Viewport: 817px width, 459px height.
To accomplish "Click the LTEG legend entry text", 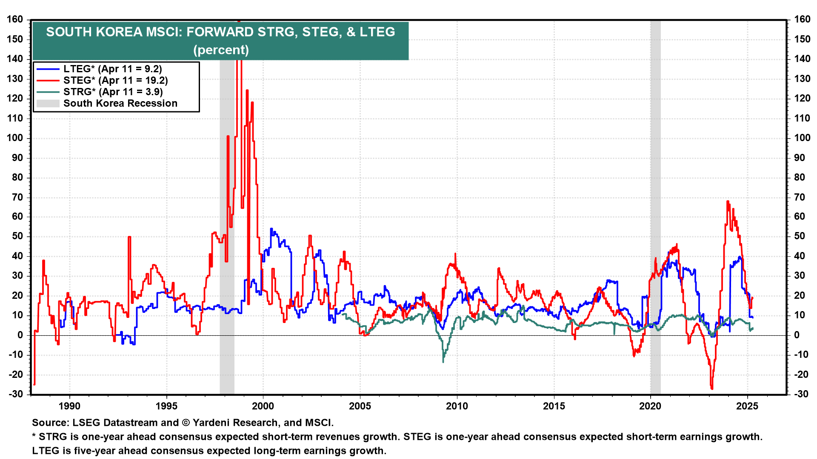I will (112, 69).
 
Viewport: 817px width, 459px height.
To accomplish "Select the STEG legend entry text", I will (115, 80).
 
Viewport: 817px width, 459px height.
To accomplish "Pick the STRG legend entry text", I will (113, 92).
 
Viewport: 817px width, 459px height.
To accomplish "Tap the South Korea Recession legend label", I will (120, 103).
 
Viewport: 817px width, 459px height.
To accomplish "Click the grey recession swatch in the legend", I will (48, 103).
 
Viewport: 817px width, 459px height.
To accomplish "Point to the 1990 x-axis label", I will (69, 406).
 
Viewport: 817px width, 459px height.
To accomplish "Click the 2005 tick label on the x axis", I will (360, 406).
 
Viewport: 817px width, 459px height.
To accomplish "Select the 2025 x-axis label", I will (747, 406).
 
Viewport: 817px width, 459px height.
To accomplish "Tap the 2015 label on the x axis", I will (554, 406).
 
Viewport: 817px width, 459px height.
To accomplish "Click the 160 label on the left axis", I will (15, 20).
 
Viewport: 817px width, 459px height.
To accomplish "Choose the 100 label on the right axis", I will (802, 138).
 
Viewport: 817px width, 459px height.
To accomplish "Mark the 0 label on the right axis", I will (797, 335).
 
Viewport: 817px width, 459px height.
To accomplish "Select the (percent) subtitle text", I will (221, 50).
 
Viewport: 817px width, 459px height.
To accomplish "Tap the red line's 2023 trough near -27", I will (712, 388).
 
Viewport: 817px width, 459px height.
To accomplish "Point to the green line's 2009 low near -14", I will (443, 362).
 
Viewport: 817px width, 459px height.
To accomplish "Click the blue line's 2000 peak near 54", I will (271, 229).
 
